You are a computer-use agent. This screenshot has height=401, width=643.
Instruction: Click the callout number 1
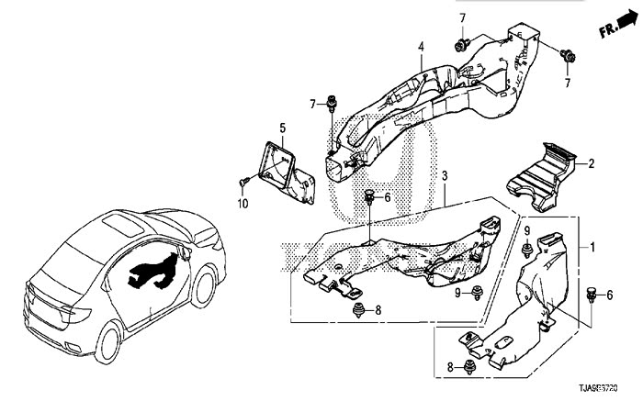[x=593, y=248]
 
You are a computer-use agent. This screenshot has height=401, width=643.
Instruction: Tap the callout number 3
[x=444, y=175]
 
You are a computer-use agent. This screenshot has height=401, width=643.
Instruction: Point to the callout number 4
[x=420, y=47]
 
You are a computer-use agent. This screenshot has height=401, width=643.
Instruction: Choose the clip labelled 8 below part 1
[x=470, y=368]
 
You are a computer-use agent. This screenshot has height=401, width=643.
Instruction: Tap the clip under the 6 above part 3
[x=369, y=195]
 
